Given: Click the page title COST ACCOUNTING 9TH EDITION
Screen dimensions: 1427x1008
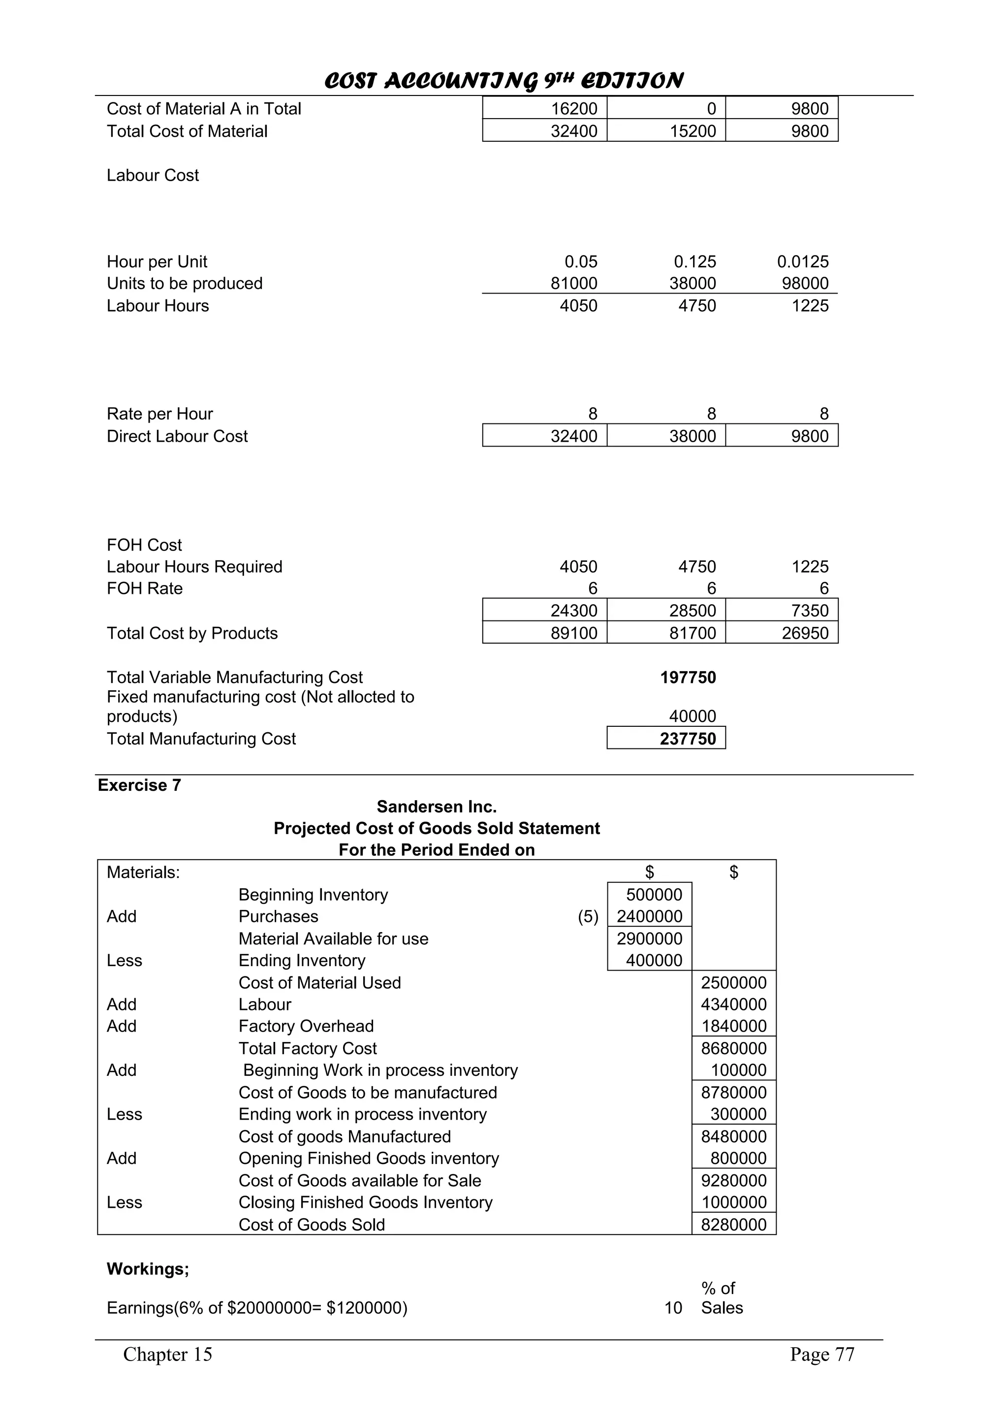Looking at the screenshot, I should (x=503, y=80).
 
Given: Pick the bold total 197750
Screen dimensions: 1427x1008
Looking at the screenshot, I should (x=688, y=678).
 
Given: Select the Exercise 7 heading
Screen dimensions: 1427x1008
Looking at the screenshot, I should (x=139, y=785).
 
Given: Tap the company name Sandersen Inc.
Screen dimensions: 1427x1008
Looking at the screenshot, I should (x=437, y=807).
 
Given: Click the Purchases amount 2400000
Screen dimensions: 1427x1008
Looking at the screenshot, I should (x=649, y=916).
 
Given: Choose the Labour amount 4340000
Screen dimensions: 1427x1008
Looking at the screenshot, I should (x=733, y=1005).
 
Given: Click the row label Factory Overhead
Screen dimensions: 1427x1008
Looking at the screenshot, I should (x=306, y=1026).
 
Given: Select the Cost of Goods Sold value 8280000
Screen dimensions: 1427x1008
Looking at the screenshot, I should (x=733, y=1225).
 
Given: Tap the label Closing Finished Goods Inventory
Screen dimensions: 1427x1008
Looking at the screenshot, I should (x=365, y=1202).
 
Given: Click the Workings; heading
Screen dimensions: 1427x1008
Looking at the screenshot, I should (x=148, y=1268).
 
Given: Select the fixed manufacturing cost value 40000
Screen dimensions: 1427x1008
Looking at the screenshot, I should (x=693, y=716).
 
